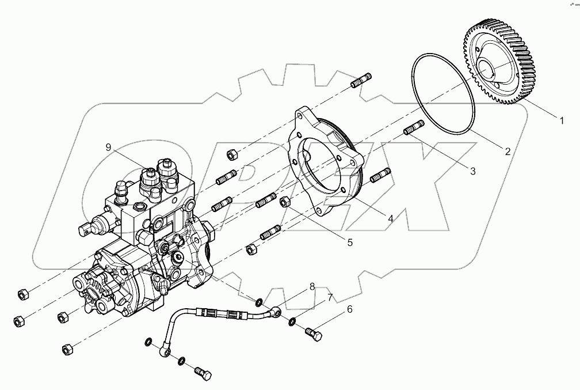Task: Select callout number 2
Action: (x=507, y=152)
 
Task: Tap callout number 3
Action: (x=472, y=171)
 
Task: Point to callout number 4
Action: (x=390, y=219)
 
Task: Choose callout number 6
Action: (x=349, y=310)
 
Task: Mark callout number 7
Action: (x=329, y=297)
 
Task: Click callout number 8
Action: (x=312, y=286)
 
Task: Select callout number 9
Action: (x=108, y=147)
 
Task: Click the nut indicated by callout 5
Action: (x=284, y=202)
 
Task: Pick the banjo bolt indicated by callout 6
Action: (x=313, y=333)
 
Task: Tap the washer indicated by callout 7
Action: (x=293, y=321)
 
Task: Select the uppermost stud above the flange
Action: (x=362, y=80)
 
